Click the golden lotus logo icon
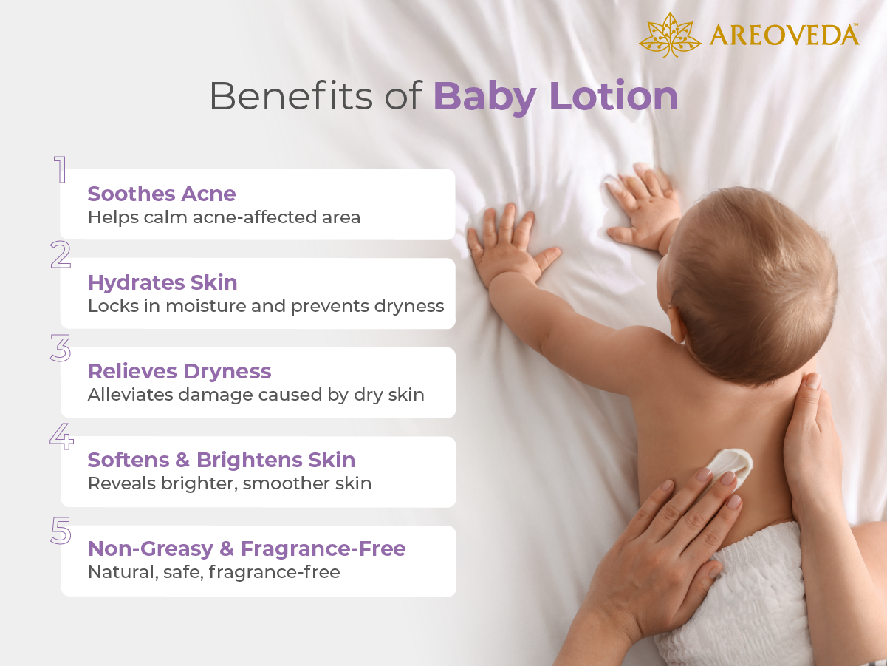(669, 35)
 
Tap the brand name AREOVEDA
(784, 35)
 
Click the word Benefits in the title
(291, 96)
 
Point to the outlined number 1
(60, 169)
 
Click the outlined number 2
(61, 256)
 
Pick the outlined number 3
(61, 349)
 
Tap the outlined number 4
(61, 436)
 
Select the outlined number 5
(61, 531)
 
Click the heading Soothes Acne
(162, 194)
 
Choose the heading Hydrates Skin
(162, 282)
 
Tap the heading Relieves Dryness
(179, 371)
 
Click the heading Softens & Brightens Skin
(222, 460)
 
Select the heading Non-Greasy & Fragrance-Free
(247, 548)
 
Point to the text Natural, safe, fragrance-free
(214, 572)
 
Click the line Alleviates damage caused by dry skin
(256, 395)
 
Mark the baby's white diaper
(739, 591)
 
